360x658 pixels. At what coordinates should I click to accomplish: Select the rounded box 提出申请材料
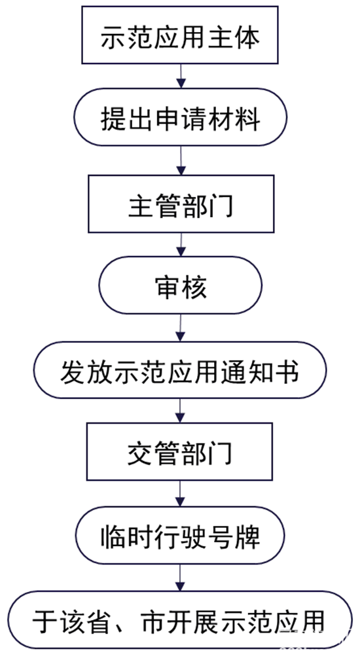180,120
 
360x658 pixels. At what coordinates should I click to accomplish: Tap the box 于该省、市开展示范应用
180,619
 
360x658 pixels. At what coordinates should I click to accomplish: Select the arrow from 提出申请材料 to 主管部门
180,162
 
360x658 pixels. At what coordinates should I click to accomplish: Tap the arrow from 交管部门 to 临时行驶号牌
180,495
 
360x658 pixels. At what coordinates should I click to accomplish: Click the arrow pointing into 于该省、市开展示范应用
180,578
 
